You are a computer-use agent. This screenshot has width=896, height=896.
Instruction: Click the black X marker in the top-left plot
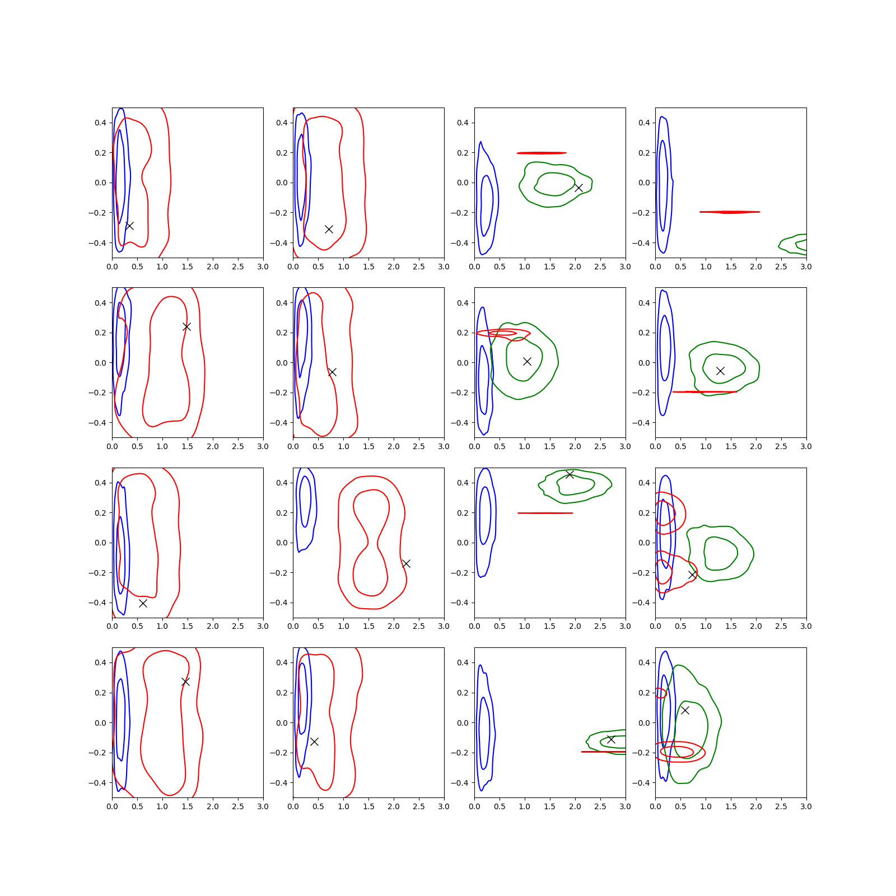coord(129,226)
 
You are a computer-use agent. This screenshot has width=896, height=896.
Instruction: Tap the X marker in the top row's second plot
coord(329,229)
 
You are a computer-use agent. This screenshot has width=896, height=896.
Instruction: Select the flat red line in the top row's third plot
coord(542,153)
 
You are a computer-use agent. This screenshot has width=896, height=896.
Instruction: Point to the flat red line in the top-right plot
coord(730,212)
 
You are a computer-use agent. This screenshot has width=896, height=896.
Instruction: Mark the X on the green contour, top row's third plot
coord(578,188)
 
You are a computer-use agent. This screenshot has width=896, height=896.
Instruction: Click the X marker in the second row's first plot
coord(186,326)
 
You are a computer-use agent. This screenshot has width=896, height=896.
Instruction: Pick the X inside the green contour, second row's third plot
coord(527,361)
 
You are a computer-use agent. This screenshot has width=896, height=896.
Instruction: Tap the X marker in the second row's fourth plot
coord(720,371)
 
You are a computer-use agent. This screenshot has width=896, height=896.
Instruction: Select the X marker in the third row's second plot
coord(406,563)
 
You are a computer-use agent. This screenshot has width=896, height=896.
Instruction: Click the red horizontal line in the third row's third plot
coord(545,513)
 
